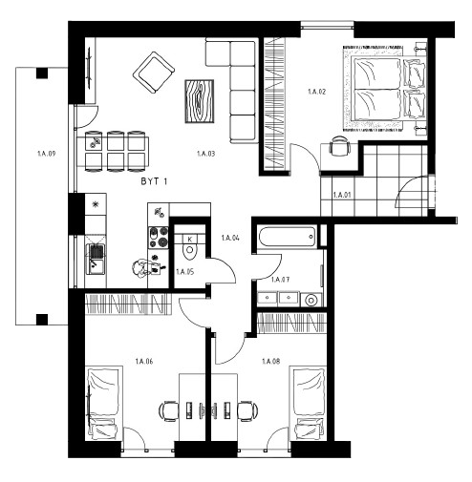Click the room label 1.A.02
(316, 92)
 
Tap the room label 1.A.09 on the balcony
(47, 154)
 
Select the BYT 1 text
(154, 181)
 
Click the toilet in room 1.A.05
(190, 246)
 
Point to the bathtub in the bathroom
(287, 236)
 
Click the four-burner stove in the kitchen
(159, 237)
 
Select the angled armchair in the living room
(154, 73)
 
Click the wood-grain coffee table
(200, 101)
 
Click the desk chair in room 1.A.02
(339, 146)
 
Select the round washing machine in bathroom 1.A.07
(311, 300)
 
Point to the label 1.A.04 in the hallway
(230, 238)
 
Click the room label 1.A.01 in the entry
(342, 195)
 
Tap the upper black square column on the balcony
(42, 73)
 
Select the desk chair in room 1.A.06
(169, 411)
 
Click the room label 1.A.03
(205, 154)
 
